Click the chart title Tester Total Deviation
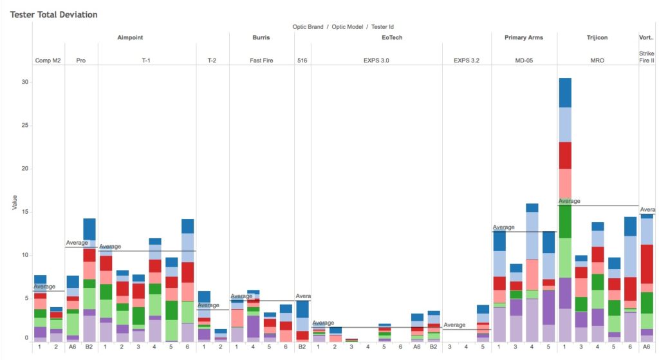[53, 14]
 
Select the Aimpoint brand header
[131, 37]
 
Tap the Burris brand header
[261, 37]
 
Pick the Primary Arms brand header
[523, 37]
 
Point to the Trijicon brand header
[597, 37]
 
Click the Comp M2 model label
[48, 61]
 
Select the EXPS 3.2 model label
[466, 61]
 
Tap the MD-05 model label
[523, 61]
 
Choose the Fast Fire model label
[261, 61]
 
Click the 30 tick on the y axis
[25, 82]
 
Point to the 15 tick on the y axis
[25, 213]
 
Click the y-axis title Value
[14, 203]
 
